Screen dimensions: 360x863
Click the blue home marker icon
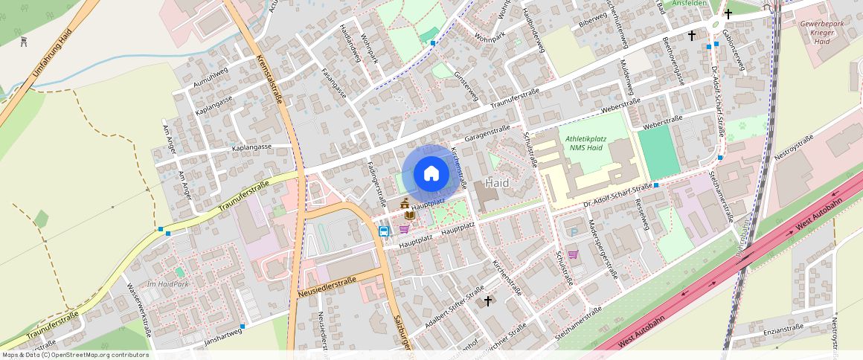point(431,173)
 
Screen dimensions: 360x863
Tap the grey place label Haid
point(497,182)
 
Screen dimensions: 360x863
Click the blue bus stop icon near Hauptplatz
point(384,231)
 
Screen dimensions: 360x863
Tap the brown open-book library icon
point(409,215)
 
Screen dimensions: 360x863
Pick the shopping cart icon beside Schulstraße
point(573,254)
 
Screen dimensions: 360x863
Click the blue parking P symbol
point(573,233)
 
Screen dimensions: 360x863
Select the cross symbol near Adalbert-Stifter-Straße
point(488,301)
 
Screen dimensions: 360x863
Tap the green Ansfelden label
point(690,4)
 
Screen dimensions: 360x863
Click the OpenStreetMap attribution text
point(75,355)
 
